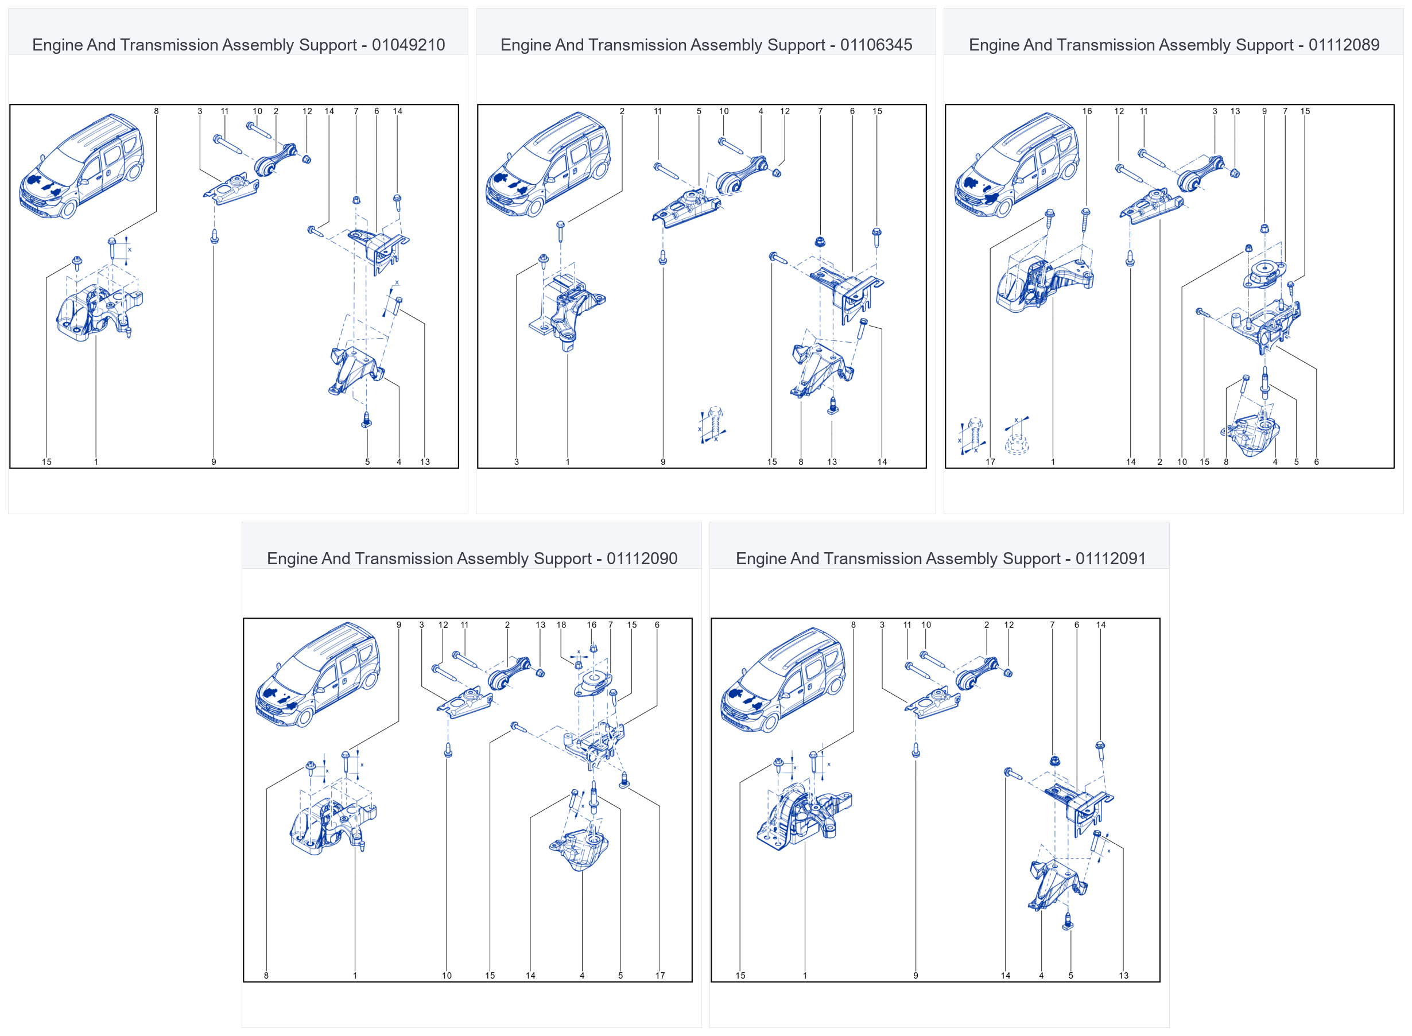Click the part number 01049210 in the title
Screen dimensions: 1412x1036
(x=408, y=45)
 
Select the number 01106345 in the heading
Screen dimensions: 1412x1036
(x=876, y=45)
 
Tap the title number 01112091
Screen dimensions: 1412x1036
(x=1111, y=559)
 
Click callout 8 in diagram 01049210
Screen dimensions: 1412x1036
(x=156, y=111)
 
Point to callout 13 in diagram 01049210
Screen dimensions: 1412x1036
(x=425, y=462)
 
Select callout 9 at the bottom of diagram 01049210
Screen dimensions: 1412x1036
(x=214, y=462)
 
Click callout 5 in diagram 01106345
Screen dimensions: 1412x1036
(x=699, y=111)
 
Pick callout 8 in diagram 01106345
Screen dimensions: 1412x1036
(x=801, y=462)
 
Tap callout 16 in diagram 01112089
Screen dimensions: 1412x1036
(x=1087, y=111)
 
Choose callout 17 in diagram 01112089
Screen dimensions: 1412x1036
(x=990, y=462)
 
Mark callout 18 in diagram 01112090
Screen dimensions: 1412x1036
(x=561, y=625)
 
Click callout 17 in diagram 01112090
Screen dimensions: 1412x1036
(x=660, y=976)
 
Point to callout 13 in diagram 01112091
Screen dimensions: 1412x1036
(x=1124, y=976)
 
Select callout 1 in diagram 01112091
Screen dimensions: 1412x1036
(x=805, y=976)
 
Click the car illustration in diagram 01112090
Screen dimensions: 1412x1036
(x=318, y=675)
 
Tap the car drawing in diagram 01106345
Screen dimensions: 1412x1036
(x=549, y=165)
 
